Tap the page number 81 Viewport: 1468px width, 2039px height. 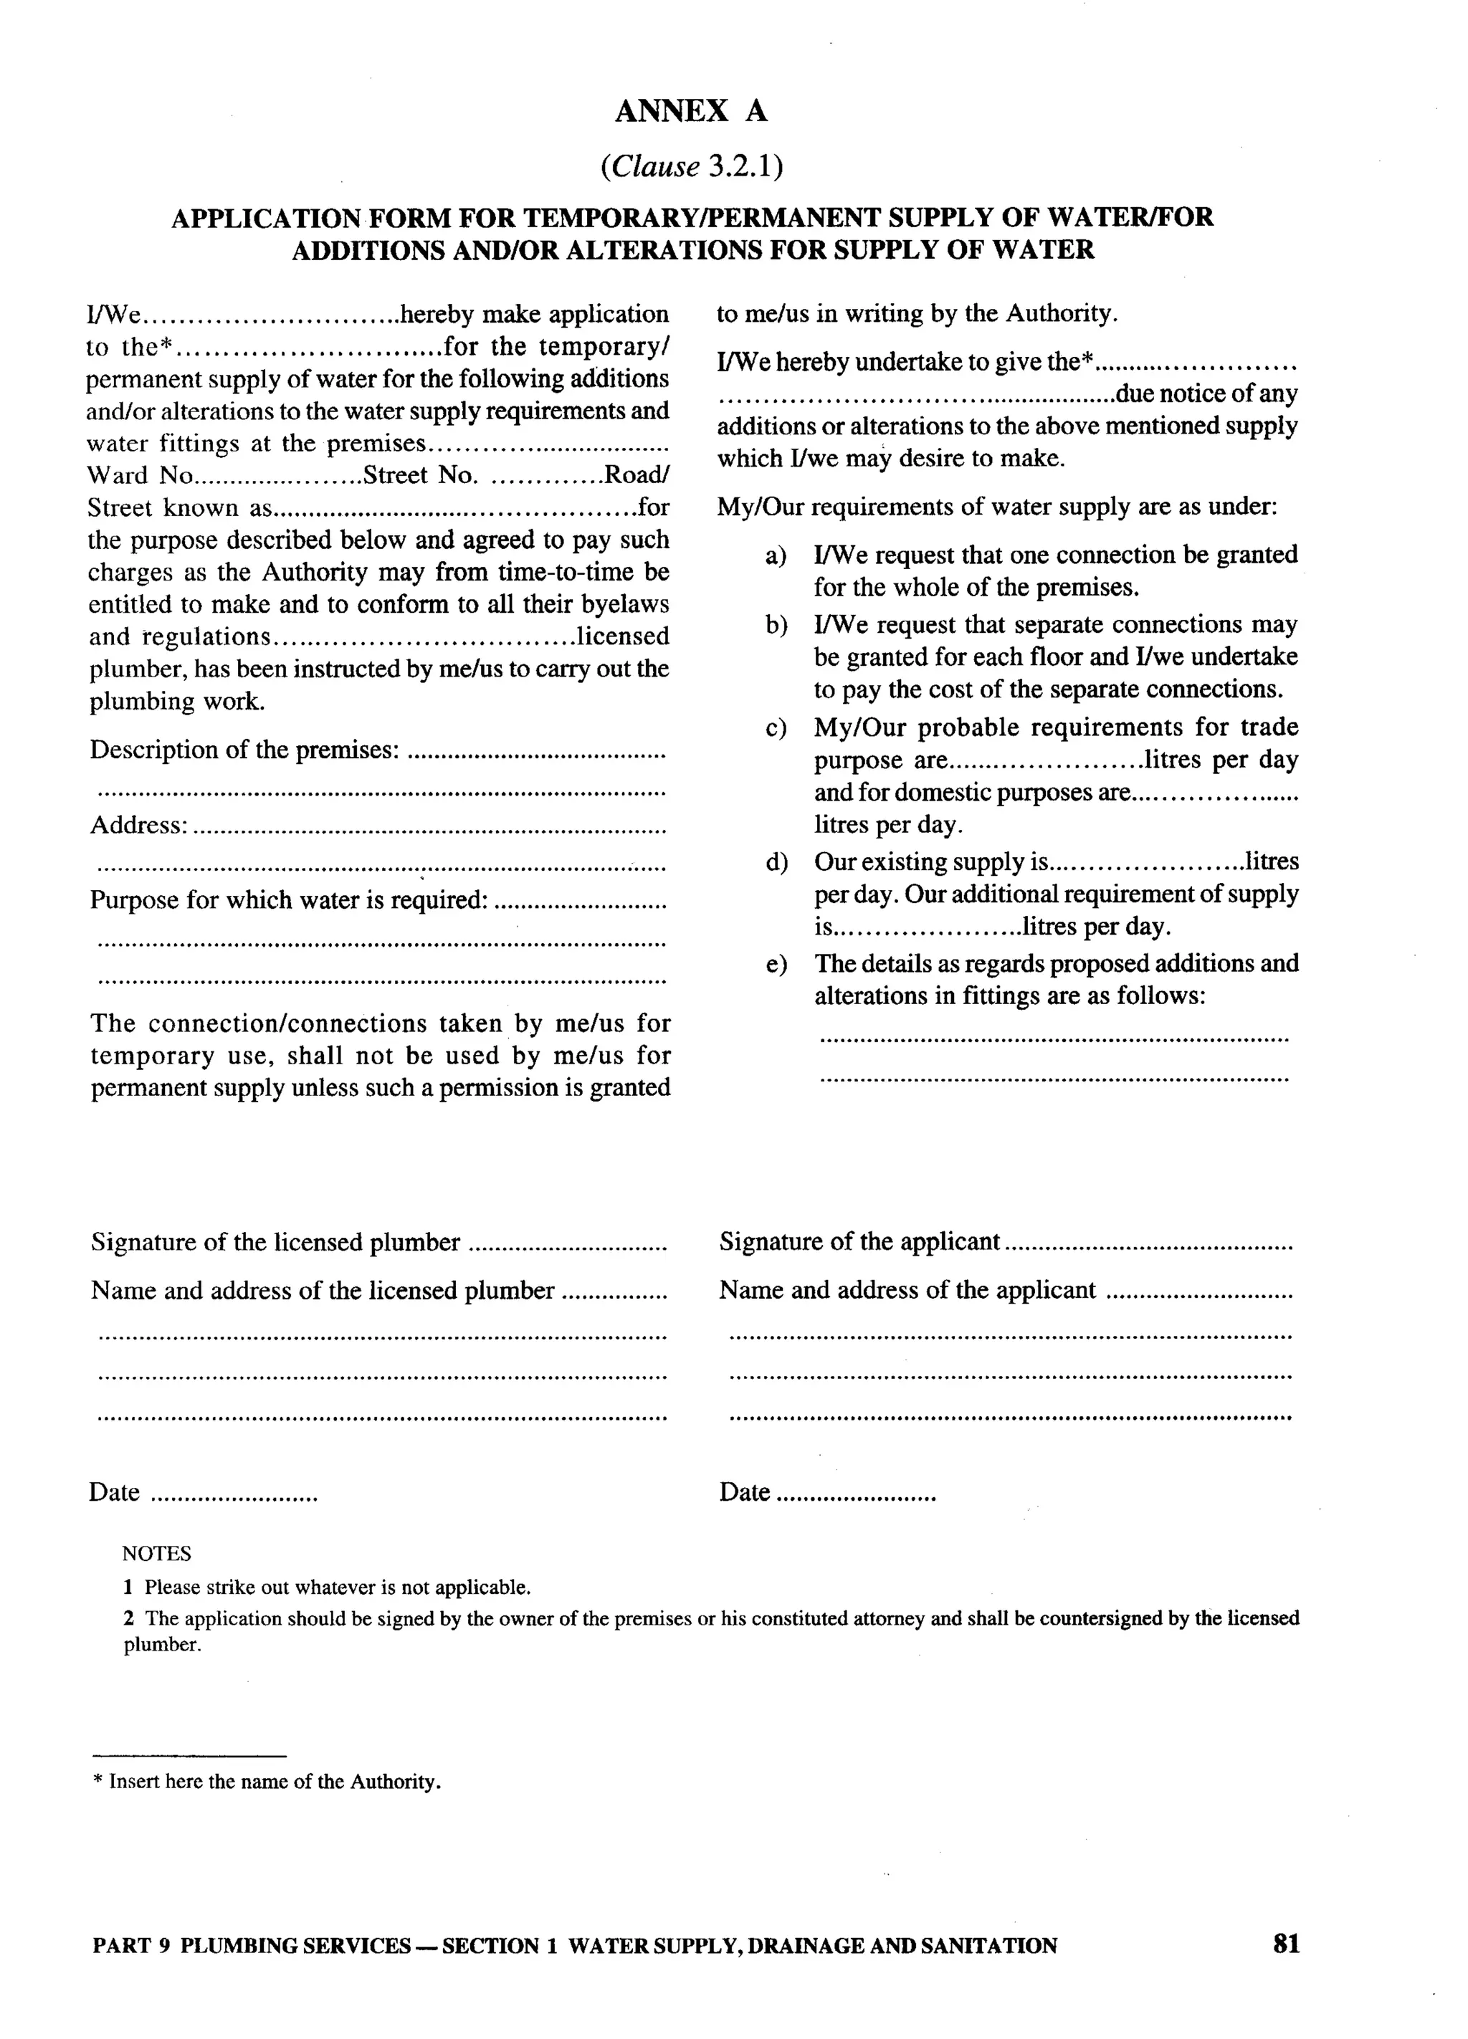pos(1285,1944)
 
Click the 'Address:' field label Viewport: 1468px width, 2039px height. pos(138,826)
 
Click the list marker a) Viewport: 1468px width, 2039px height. pos(775,555)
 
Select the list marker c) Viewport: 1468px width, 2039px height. pos(775,728)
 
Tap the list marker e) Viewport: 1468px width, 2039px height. pos(775,965)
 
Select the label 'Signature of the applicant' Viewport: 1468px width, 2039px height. pos(859,1241)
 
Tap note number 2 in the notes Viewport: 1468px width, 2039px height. pos(128,1618)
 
